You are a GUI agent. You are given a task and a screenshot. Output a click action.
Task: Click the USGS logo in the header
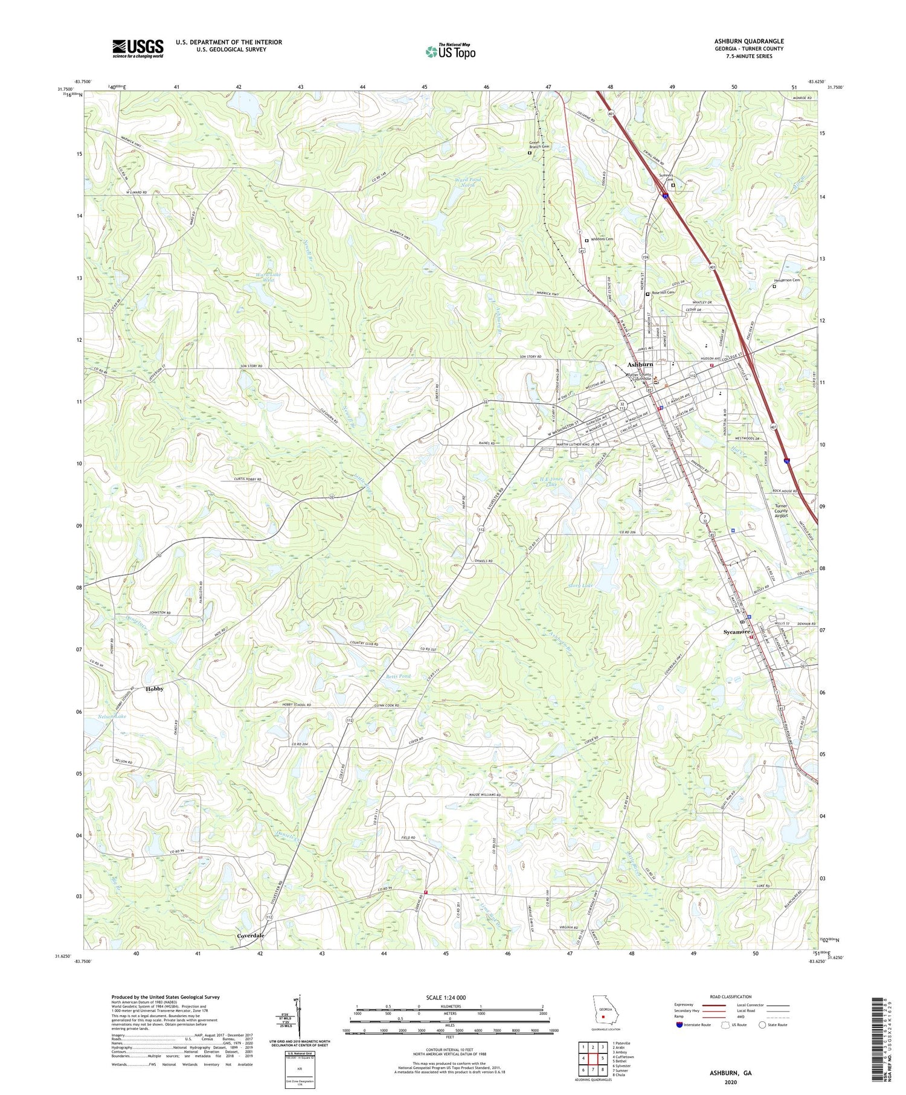click(x=138, y=48)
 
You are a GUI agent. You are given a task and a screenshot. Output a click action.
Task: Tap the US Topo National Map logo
click(x=450, y=51)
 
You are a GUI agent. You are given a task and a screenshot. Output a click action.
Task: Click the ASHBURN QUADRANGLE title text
click(x=748, y=41)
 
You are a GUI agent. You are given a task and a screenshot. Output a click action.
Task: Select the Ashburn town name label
click(x=640, y=365)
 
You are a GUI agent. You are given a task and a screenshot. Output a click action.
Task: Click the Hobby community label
click(x=154, y=689)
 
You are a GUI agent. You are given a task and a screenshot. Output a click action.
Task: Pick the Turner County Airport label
click(x=781, y=511)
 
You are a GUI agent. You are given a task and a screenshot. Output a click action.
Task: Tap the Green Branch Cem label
click(x=539, y=145)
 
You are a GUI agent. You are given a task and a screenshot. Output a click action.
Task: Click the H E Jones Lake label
click(x=551, y=481)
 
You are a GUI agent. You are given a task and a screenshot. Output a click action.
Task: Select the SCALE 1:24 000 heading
click(x=450, y=997)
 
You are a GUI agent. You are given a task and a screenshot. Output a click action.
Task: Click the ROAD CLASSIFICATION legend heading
click(x=731, y=997)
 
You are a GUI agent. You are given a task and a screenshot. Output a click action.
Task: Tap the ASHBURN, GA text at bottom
click(x=730, y=1073)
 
